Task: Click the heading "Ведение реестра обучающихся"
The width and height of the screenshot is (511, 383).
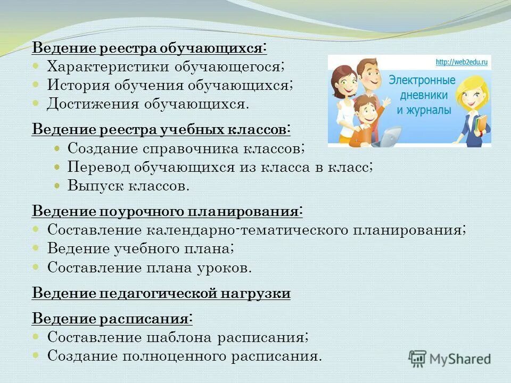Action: tap(150, 48)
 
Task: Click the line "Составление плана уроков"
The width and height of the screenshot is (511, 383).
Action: tap(149, 267)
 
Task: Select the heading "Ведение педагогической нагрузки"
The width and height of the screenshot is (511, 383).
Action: tap(161, 293)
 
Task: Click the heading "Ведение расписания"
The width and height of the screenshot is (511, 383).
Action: tap(112, 319)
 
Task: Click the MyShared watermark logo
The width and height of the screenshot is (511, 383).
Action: tap(450, 359)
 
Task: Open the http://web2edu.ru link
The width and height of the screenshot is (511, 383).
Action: tap(461, 62)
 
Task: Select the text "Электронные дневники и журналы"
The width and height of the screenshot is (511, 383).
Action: tap(422, 95)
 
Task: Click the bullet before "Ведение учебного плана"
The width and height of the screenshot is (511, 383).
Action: tap(36, 248)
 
